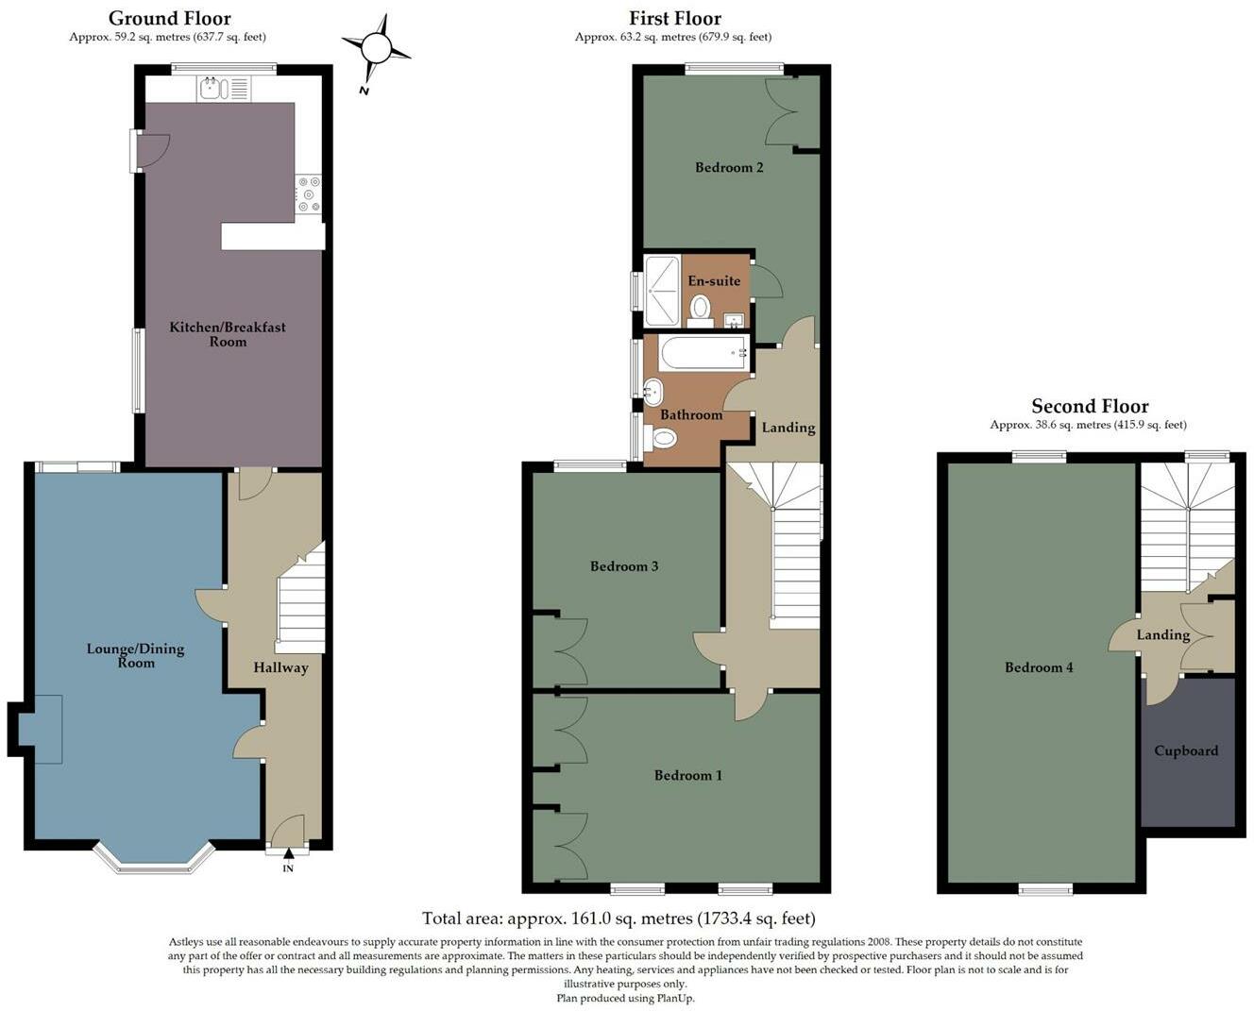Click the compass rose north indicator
click(x=376, y=47)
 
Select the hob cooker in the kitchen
click(x=309, y=194)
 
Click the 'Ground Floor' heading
click(x=169, y=18)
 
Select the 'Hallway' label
click(x=280, y=667)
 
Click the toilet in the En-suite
click(x=700, y=307)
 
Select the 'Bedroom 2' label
click(x=729, y=167)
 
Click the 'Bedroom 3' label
click(x=624, y=566)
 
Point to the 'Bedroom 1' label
click(x=688, y=775)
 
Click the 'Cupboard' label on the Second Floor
click(x=1186, y=750)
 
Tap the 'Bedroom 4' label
click(x=1039, y=667)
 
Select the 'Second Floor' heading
click(x=1090, y=406)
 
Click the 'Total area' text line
click(x=619, y=918)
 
